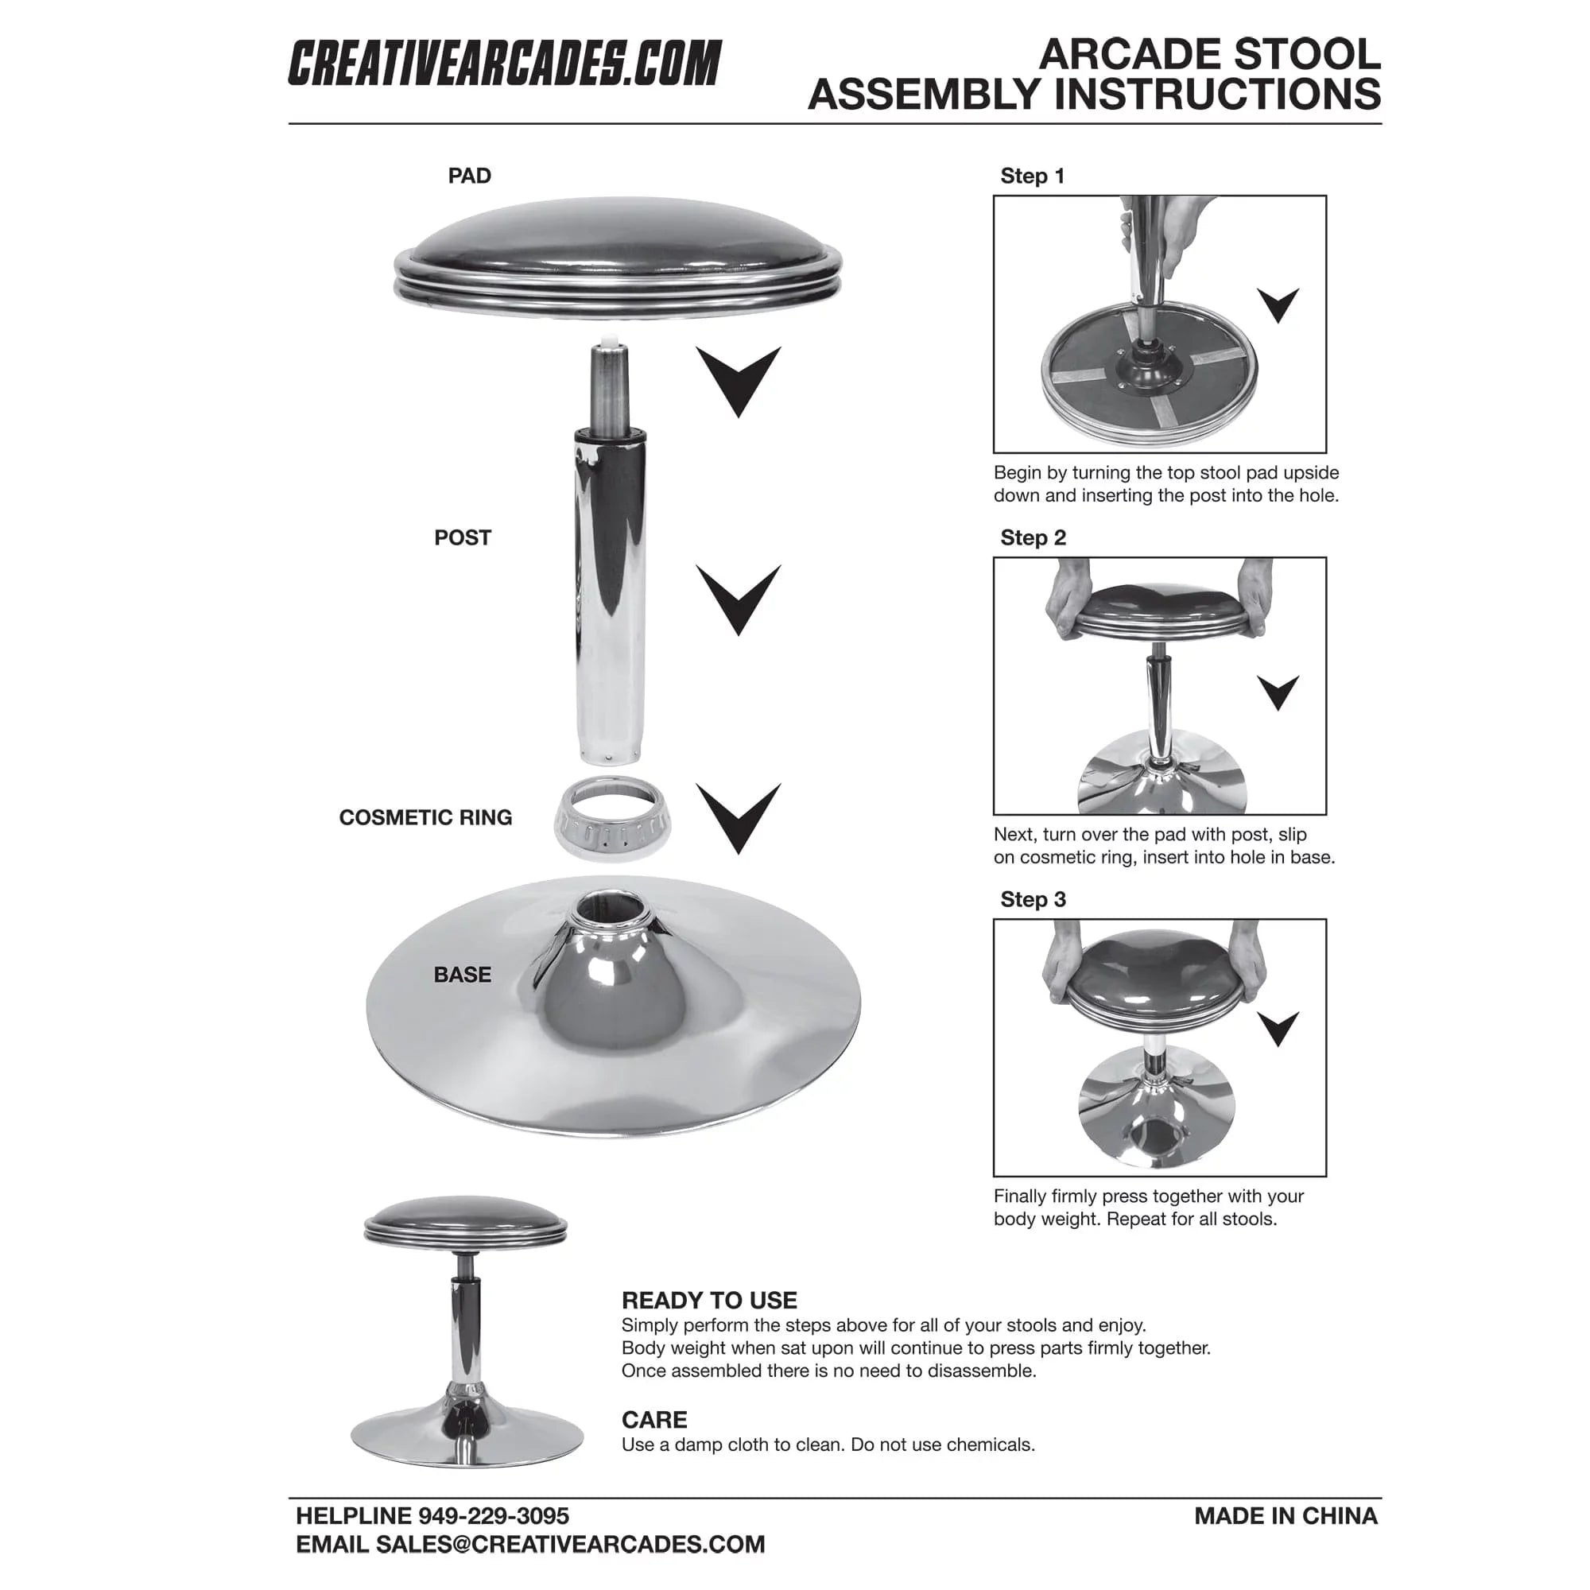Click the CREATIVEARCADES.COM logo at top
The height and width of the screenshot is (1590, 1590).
click(x=504, y=64)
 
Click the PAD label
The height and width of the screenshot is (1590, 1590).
click(x=469, y=176)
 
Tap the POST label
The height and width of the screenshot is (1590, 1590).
click(x=463, y=537)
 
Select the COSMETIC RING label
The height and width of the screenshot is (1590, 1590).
click(x=425, y=817)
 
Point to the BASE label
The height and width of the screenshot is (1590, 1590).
click(x=463, y=975)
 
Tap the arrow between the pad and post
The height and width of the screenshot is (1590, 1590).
click(x=739, y=378)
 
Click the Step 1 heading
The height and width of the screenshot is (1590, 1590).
click(x=1032, y=176)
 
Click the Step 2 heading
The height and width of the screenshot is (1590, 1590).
click(x=1033, y=537)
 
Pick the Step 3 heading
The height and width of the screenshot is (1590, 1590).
click(x=1033, y=899)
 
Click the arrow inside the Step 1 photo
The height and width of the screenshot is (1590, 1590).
click(x=1278, y=304)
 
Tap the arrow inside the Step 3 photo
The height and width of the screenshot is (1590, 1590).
click(x=1278, y=1027)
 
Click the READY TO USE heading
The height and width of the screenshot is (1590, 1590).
click(x=708, y=1301)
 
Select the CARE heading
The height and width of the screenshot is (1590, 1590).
click(x=654, y=1420)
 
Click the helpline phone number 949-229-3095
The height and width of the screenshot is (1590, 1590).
click(x=494, y=1516)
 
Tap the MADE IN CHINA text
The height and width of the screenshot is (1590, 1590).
click(x=1286, y=1516)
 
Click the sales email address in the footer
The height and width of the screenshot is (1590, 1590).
click(x=569, y=1544)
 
